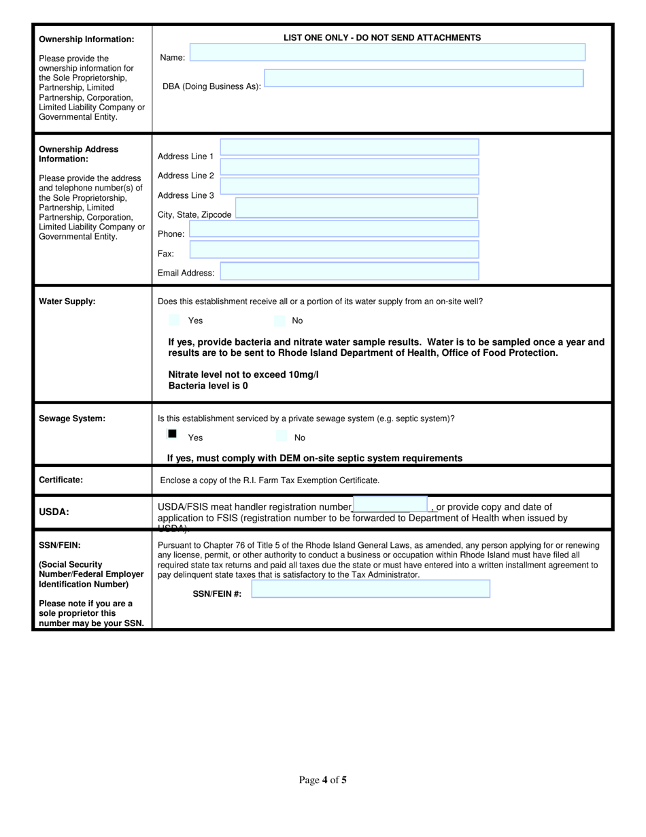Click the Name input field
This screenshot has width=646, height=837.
click(387, 53)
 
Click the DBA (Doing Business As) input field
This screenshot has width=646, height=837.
click(423, 78)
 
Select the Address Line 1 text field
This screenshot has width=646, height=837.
click(350, 148)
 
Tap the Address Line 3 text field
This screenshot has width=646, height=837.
click(350, 186)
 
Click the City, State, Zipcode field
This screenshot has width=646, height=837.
click(356, 208)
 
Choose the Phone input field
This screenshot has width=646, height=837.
click(334, 230)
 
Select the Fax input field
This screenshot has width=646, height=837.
click(334, 250)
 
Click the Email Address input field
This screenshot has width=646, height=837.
click(350, 272)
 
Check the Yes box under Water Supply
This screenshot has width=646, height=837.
click(174, 320)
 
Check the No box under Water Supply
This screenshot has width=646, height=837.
click(279, 320)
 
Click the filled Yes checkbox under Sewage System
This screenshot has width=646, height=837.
click(172, 433)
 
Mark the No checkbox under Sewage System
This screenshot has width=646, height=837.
click(281, 436)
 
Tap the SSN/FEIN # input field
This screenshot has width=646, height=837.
click(371, 589)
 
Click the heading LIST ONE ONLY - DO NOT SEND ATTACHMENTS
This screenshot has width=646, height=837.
click(382, 38)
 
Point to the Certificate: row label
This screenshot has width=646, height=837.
click(61, 480)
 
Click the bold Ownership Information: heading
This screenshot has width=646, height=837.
click(86, 39)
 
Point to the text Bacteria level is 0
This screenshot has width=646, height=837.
click(208, 386)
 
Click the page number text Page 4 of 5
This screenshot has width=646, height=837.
click(323, 780)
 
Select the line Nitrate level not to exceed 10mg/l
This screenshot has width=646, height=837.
click(243, 374)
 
